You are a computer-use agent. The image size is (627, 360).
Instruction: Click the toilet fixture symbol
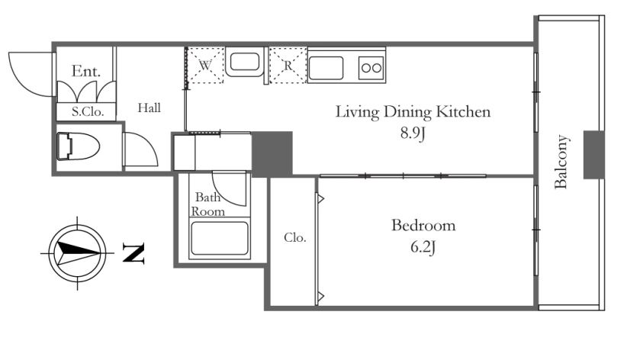[78, 146]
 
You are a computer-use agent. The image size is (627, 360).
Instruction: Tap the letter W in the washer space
[205, 65]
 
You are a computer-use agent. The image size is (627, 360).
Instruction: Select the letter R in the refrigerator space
[288, 65]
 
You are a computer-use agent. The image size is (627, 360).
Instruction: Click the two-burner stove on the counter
[371, 67]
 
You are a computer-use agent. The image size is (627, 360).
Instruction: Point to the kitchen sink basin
[326, 68]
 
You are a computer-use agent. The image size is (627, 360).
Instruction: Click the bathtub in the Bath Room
[220, 239]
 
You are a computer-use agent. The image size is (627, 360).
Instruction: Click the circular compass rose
[77, 253]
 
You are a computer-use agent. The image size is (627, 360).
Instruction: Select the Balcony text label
[561, 162]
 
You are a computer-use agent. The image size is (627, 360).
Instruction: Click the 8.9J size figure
[413, 133]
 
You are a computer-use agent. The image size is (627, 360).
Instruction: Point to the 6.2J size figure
[423, 247]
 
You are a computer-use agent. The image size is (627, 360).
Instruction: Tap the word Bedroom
[423, 225]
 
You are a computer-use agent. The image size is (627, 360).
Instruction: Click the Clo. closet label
[295, 238]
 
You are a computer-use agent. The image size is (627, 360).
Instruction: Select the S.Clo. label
[88, 111]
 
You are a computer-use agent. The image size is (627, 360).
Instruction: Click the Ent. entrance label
[86, 71]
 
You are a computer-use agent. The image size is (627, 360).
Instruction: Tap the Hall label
[150, 108]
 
